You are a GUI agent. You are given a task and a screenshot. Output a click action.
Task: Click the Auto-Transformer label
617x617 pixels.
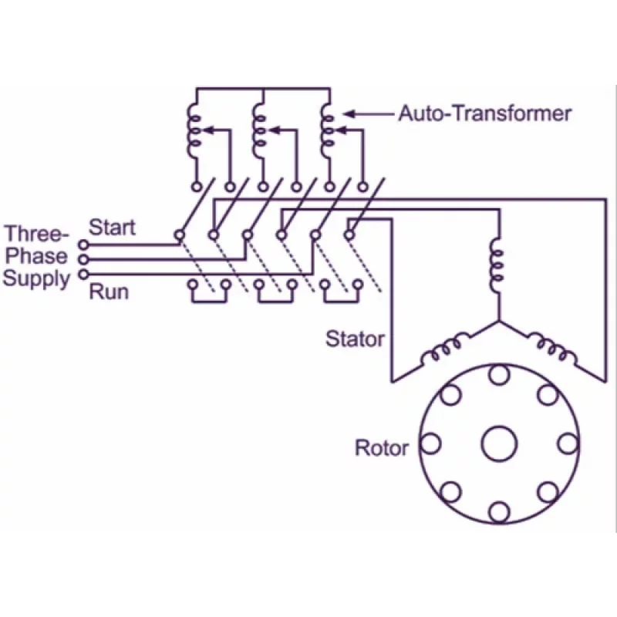(485, 114)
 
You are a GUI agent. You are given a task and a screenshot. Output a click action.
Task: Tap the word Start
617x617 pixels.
(112, 228)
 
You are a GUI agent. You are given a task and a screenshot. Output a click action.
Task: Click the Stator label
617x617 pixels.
(355, 339)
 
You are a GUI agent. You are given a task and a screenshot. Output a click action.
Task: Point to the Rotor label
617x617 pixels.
(381, 447)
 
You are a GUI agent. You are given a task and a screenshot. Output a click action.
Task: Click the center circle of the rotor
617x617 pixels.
(500, 443)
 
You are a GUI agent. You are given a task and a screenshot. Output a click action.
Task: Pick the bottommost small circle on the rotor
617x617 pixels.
(500, 511)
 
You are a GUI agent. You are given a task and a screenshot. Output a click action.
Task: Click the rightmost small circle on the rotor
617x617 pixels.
(568, 443)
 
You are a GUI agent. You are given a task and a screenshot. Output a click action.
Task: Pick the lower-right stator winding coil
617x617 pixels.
(551, 349)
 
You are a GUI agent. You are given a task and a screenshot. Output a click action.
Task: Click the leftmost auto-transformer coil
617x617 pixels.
(192, 131)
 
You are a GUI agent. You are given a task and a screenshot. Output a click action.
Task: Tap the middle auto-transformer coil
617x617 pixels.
(258, 131)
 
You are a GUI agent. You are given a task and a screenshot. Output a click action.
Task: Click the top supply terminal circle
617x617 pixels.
(83, 245)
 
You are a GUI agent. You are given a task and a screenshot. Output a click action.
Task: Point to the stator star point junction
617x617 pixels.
(497, 321)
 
